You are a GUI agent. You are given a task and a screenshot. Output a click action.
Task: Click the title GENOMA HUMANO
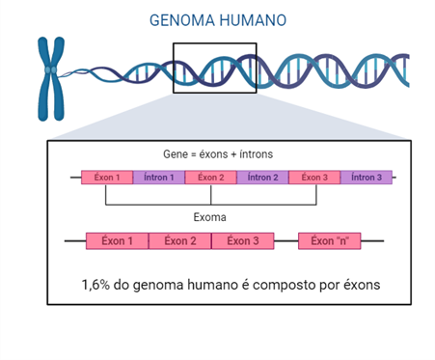click(x=218, y=20)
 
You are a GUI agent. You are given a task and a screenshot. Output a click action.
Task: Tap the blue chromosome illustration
click(x=51, y=79)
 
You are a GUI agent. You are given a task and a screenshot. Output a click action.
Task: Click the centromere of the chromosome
click(x=51, y=69)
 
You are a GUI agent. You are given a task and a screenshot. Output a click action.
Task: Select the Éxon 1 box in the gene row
click(x=107, y=178)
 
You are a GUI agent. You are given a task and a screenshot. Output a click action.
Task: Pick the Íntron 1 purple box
click(x=159, y=178)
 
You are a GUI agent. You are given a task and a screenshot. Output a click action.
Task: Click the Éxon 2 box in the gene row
click(x=211, y=178)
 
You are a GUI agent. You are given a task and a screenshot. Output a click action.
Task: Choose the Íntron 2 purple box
click(x=262, y=178)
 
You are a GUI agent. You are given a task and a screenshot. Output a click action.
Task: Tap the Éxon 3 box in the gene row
click(x=314, y=178)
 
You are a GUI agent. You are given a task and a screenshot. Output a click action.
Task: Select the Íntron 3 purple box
click(x=367, y=178)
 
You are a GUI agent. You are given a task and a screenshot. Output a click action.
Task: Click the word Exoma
click(x=209, y=217)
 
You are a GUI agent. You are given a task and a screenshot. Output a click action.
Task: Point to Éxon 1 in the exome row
click(x=117, y=241)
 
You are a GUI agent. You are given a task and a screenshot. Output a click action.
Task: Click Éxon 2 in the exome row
click(x=180, y=241)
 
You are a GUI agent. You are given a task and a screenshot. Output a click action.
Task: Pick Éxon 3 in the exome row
click(x=243, y=241)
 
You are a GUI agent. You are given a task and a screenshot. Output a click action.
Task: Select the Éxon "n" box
click(x=330, y=241)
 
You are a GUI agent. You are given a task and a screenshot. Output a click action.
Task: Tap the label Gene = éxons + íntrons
click(x=218, y=154)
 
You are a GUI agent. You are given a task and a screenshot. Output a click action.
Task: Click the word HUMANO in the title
click(x=253, y=20)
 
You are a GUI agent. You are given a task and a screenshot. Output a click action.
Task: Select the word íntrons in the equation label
click(x=257, y=154)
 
